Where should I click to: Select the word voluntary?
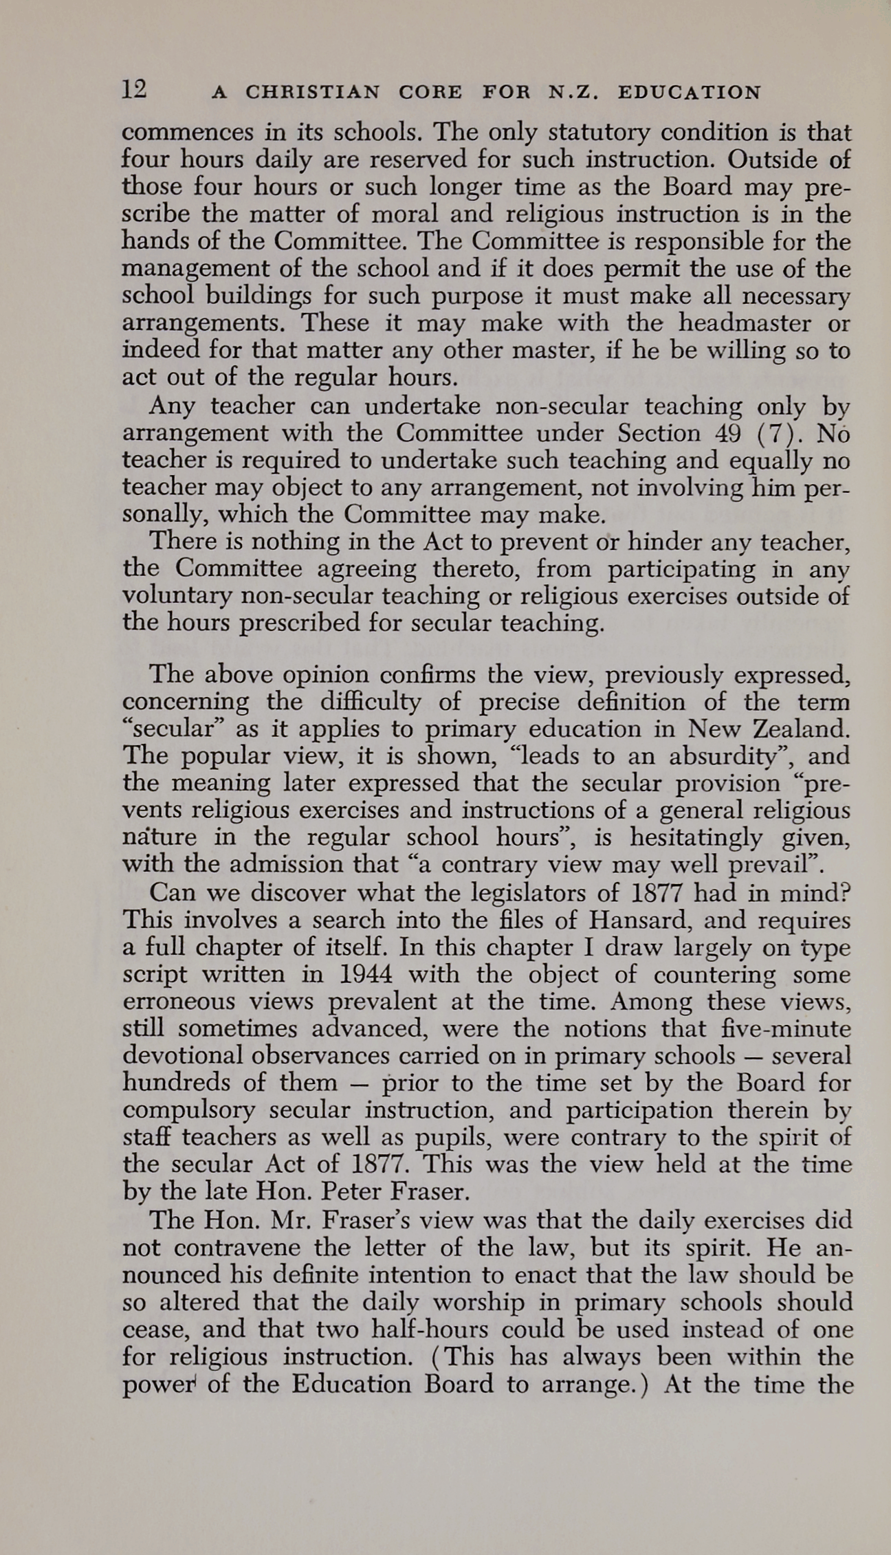(178, 596)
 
